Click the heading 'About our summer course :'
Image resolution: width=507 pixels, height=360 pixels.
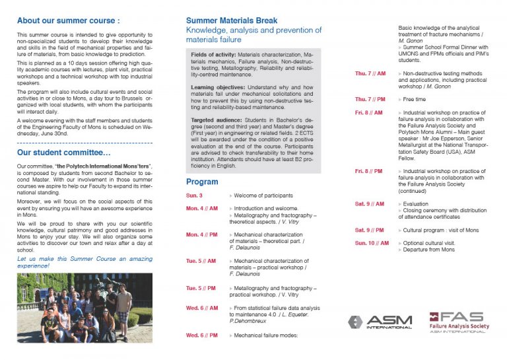pyautogui.click(x=68, y=20)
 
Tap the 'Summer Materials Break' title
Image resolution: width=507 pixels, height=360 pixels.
pyautogui.click(x=232, y=20)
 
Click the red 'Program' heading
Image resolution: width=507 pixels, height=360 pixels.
pyautogui.click(x=202, y=182)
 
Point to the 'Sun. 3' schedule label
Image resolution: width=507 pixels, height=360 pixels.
pyautogui.click(x=195, y=196)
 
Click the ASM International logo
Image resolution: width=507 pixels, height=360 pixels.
pyautogui.click(x=380, y=322)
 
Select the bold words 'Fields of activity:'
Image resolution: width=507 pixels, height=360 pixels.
pyautogui.click(x=213, y=54)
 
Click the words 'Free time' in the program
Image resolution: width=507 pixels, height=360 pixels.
pyautogui.click(x=417, y=99)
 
